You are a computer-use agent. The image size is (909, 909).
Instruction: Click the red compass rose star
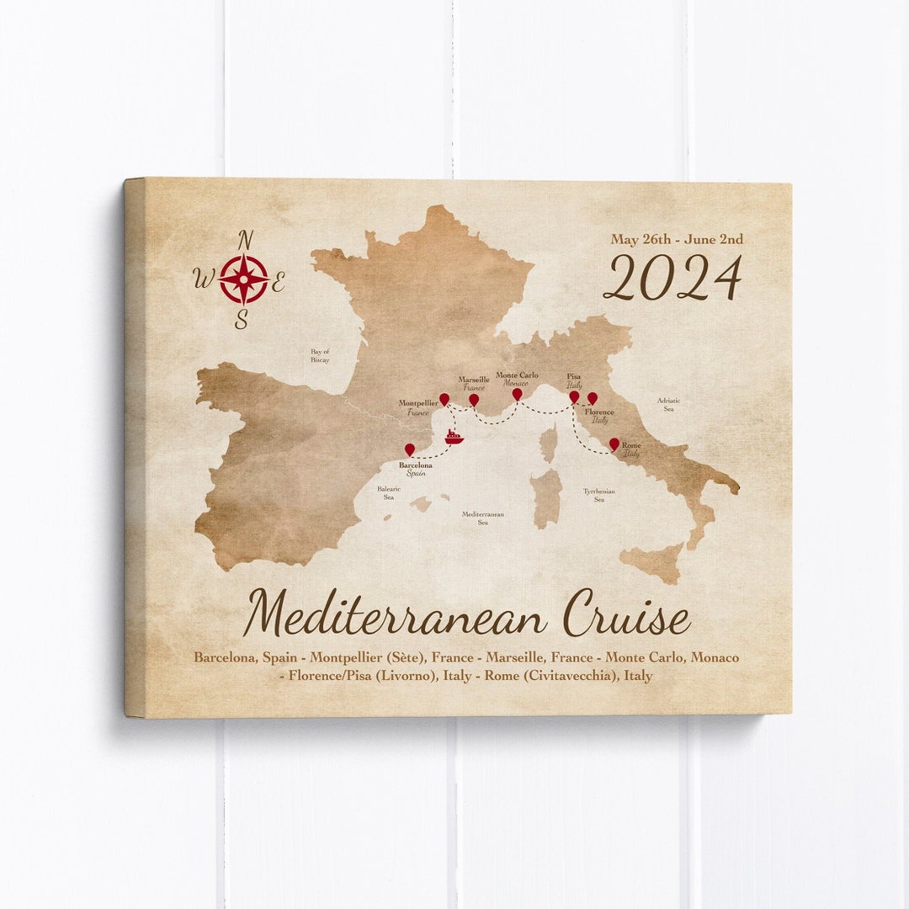click(244, 279)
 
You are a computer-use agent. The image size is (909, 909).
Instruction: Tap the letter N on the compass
click(246, 241)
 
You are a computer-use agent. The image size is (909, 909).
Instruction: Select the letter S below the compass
click(242, 320)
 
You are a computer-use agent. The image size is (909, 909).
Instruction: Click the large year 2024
click(672, 279)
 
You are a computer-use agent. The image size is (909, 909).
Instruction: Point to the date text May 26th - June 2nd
click(677, 240)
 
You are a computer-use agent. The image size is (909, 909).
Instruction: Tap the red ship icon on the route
click(454, 437)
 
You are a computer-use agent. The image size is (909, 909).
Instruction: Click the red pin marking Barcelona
click(410, 449)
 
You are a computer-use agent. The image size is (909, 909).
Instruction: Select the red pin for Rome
click(614, 443)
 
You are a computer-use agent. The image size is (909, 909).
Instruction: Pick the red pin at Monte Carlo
click(517, 393)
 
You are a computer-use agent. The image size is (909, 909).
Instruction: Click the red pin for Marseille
click(474, 399)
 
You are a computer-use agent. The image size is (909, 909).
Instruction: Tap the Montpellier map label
click(418, 404)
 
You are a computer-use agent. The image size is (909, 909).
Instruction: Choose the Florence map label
click(599, 412)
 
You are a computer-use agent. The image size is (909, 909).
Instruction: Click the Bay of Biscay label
click(320, 355)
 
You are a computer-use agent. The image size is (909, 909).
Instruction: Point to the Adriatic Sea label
click(668, 405)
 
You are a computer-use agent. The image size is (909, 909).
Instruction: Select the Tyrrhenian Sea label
click(599, 495)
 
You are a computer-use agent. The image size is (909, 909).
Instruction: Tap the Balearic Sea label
click(389, 492)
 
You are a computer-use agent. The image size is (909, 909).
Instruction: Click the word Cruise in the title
click(626, 615)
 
